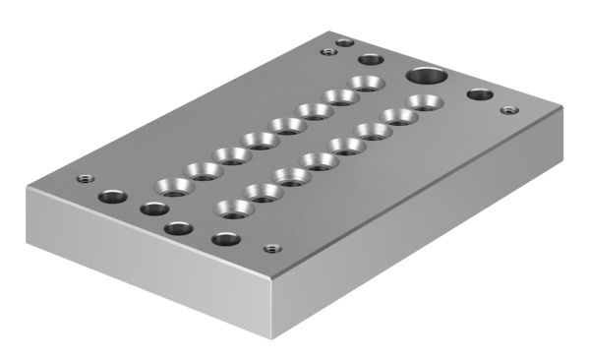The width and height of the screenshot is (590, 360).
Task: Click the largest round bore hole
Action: [x=426, y=75]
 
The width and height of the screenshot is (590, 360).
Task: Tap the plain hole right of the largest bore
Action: [x=480, y=94]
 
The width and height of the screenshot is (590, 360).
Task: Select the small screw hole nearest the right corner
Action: [x=507, y=110]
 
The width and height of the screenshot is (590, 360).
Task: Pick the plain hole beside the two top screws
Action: [x=371, y=60]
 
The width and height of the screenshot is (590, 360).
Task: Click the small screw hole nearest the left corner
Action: [x=84, y=179]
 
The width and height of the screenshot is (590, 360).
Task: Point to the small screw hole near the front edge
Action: [x=274, y=248]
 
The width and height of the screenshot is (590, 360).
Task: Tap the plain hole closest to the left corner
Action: [x=112, y=196]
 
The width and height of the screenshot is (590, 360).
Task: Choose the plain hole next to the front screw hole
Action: [x=226, y=238]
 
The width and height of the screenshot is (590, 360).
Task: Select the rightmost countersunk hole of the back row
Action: [x=368, y=83]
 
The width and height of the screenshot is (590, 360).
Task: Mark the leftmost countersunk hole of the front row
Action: [x=233, y=208]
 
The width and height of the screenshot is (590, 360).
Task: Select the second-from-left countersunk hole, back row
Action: [x=206, y=170]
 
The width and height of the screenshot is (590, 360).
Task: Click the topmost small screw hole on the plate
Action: [x=344, y=42]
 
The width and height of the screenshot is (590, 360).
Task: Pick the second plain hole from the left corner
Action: [x=152, y=209]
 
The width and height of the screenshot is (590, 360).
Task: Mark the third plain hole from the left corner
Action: [x=178, y=228]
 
